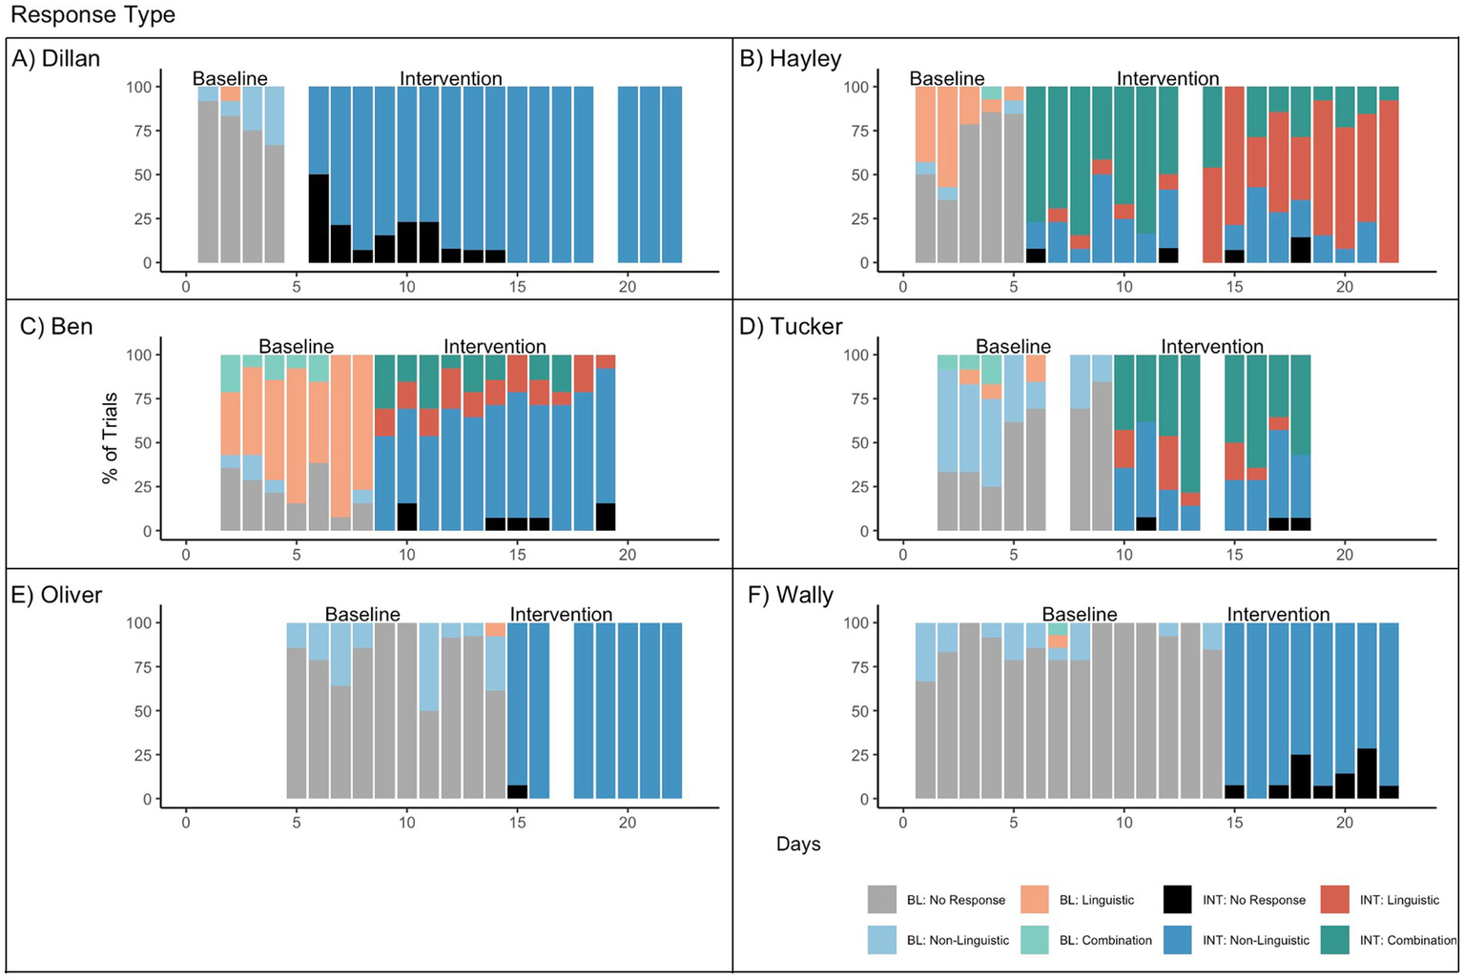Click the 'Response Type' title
click(x=79, y=15)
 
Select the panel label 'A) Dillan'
click(x=56, y=59)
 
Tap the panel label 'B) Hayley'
click(x=791, y=59)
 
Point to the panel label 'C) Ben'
click(x=57, y=327)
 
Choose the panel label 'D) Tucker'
click(x=791, y=327)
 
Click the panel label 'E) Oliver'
click(x=56, y=595)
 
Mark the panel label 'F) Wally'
click(x=791, y=595)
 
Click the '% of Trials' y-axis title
click(x=111, y=438)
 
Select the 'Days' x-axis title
click(x=798, y=845)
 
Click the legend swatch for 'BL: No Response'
click(x=882, y=900)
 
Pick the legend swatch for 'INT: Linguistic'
click(x=1335, y=900)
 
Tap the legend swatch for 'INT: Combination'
click(x=1335, y=940)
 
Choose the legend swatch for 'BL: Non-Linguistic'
click(x=882, y=940)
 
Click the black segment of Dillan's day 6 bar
click(x=319, y=218)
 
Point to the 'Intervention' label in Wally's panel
click(x=1278, y=615)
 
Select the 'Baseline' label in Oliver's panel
click(x=362, y=615)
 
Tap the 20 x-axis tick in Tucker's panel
click(x=1344, y=555)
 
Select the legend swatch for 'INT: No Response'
click(x=1178, y=900)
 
